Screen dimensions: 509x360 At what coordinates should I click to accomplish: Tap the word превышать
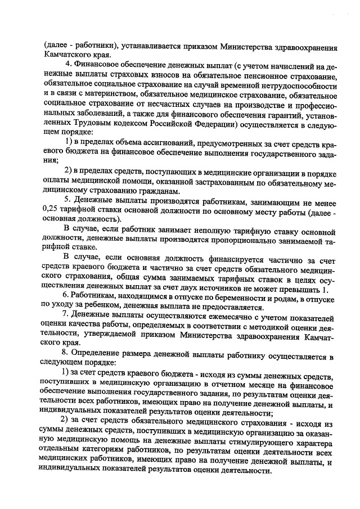coord(299,290)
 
